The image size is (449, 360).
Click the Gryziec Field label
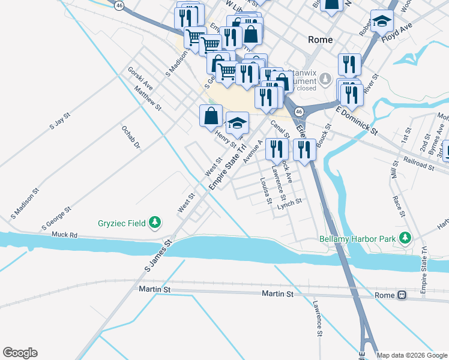(x=121, y=223)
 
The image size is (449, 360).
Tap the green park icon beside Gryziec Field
(x=155, y=223)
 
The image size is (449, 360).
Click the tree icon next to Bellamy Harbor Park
(x=406, y=239)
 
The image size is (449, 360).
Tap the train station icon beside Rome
(x=401, y=295)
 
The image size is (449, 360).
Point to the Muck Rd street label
(x=65, y=235)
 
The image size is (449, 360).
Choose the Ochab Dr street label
(x=130, y=137)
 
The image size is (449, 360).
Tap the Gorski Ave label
(x=140, y=79)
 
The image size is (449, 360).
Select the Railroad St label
(x=418, y=165)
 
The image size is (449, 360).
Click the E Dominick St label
(x=357, y=120)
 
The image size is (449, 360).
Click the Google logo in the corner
(x=20, y=353)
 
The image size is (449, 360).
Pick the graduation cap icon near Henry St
(x=238, y=122)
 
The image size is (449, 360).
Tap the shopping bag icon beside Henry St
(x=211, y=115)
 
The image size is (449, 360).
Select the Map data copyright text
(x=412, y=356)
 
